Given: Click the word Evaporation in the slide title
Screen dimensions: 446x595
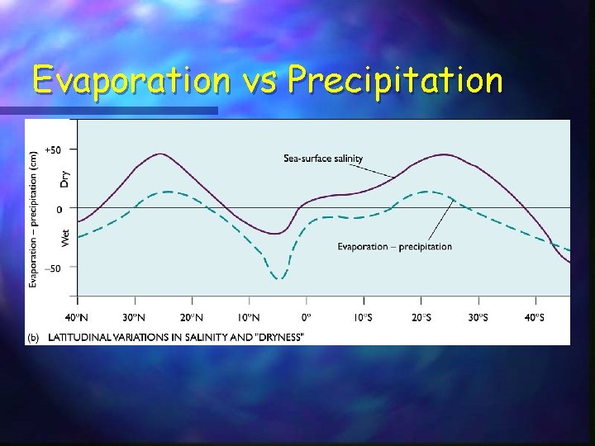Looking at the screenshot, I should [x=131, y=81].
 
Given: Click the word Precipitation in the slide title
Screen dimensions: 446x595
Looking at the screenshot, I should [x=394, y=81].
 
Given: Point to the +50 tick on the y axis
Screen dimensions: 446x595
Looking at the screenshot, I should [x=52, y=149].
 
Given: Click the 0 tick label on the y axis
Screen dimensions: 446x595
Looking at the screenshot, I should [x=58, y=210].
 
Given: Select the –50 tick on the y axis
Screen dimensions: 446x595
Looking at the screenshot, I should [x=52, y=268].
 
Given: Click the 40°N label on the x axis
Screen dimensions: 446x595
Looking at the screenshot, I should [x=77, y=317].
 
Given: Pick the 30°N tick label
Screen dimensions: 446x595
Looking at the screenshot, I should [x=134, y=317].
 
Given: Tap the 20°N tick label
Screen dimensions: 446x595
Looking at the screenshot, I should [x=192, y=317].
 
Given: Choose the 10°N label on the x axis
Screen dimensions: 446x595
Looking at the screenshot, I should [x=249, y=317].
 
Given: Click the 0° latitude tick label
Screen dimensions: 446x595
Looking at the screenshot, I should [x=306, y=317].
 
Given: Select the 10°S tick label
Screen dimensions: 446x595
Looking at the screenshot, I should [x=363, y=317].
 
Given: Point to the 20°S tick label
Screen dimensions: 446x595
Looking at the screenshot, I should [x=421, y=317].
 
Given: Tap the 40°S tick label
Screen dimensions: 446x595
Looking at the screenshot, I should [x=535, y=317].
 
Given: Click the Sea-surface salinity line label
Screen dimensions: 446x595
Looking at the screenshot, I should [x=323, y=159].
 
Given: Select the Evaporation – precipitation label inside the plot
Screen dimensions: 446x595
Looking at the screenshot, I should [x=394, y=246].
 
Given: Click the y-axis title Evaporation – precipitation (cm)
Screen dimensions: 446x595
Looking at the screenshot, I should [x=34, y=219].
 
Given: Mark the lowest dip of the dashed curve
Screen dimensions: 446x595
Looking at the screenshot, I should [x=279, y=279].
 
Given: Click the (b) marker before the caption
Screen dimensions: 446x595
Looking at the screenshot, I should [x=34, y=337].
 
